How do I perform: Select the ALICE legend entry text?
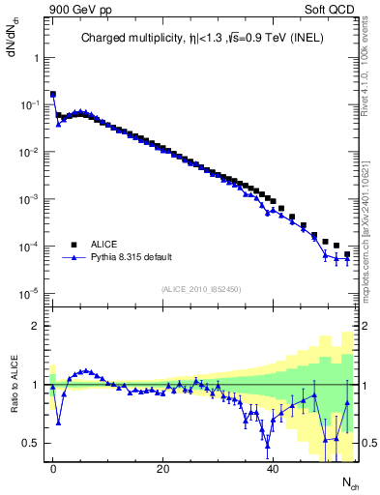point(104,245)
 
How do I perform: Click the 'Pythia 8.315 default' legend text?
point(134,258)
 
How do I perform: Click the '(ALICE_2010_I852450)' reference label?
point(201,289)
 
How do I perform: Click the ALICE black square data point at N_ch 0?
point(53,95)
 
